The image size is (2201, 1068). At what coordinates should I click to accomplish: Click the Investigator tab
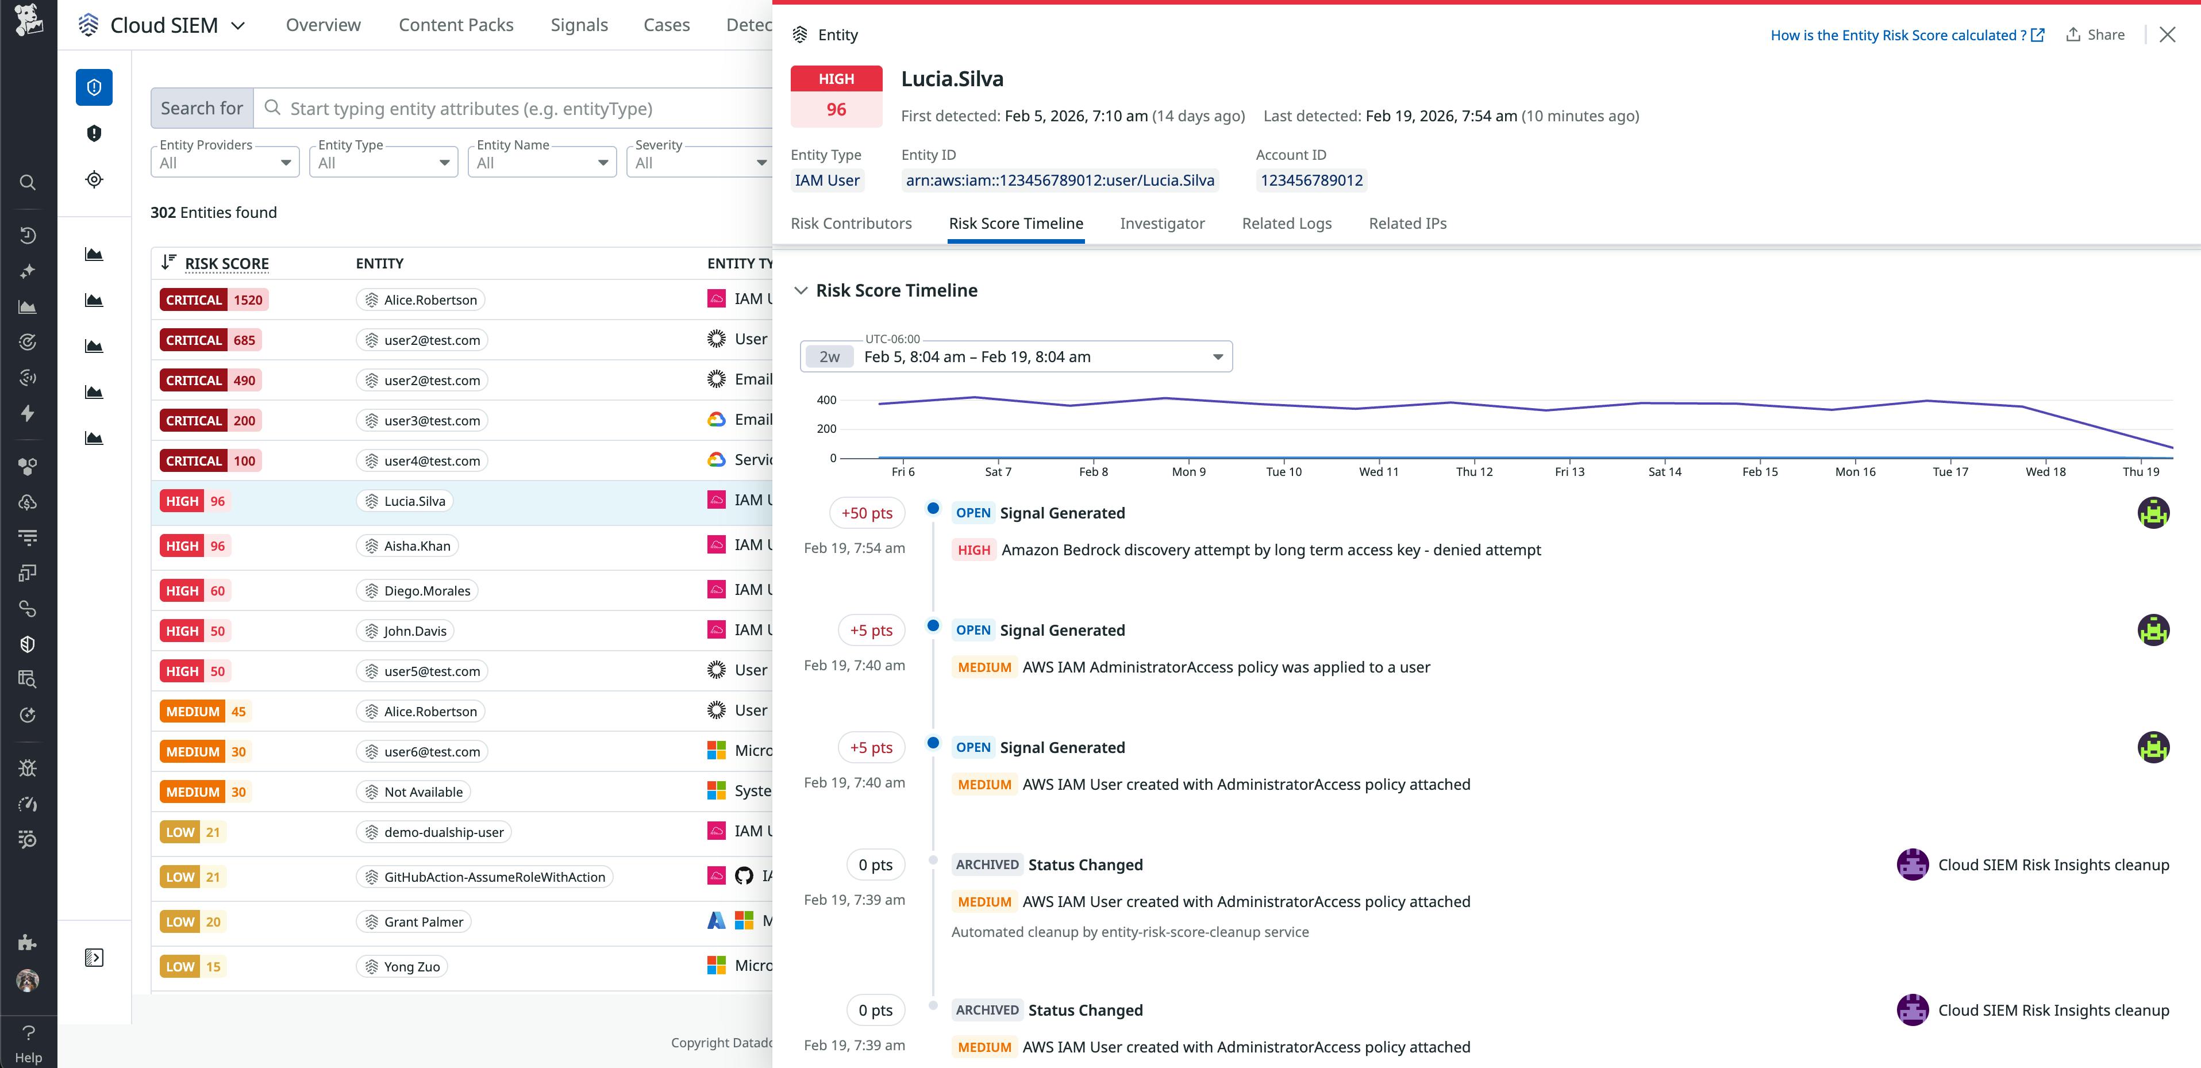pyautogui.click(x=1161, y=223)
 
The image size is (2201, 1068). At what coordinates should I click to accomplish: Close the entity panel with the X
pyautogui.click(x=2167, y=35)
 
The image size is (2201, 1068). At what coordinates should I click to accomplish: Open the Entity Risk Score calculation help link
pyautogui.click(x=1906, y=35)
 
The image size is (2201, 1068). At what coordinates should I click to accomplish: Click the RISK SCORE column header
pyautogui.click(x=226, y=263)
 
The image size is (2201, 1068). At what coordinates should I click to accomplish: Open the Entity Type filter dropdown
pyautogui.click(x=383, y=162)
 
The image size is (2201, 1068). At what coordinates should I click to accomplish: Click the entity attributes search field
pyautogui.click(x=513, y=109)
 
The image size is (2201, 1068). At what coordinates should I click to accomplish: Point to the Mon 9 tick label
pyautogui.click(x=1188, y=471)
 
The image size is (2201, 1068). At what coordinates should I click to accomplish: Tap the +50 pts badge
pyautogui.click(x=867, y=513)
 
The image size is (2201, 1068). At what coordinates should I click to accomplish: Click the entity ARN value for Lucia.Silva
pyautogui.click(x=1060, y=180)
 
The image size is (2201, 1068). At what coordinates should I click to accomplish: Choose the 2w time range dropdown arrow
pyautogui.click(x=1218, y=357)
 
